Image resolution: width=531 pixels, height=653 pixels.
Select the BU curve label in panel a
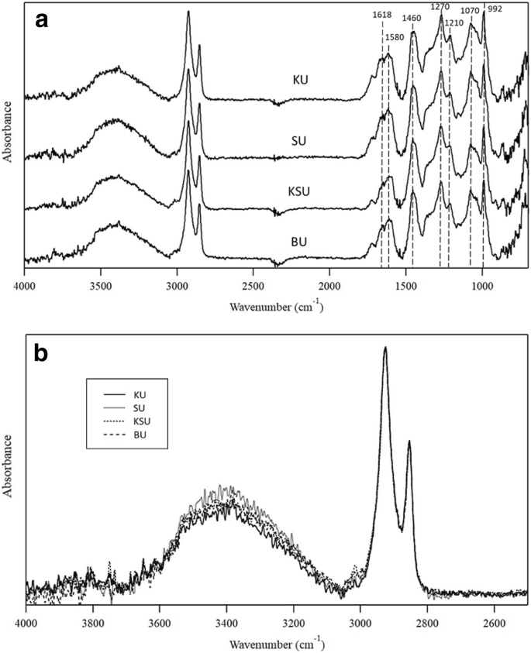299,242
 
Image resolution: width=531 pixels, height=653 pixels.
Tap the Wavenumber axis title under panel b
276,642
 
